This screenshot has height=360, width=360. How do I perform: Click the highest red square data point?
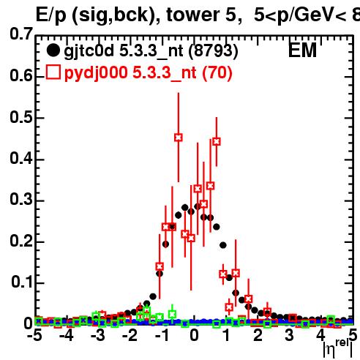(x=179, y=138)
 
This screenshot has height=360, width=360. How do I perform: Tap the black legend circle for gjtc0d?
(x=53, y=50)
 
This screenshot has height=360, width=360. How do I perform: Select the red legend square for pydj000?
(x=53, y=72)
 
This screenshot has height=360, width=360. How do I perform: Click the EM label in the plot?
(x=302, y=50)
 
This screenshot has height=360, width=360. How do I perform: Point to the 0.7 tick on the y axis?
(x=21, y=34)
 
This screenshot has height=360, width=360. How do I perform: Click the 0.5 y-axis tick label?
(x=21, y=117)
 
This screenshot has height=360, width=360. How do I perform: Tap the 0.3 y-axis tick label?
(x=21, y=199)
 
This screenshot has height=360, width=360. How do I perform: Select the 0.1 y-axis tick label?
(x=22, y=282)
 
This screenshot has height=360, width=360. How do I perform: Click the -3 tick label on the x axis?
(x=98, y=335)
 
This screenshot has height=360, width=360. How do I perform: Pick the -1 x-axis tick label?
(x=163, y=335)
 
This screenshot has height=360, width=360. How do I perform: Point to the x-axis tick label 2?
(x=258, y=335)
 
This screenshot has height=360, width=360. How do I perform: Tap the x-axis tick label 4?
(x=320, y=335)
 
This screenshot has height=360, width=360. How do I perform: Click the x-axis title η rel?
(x=338, y=348)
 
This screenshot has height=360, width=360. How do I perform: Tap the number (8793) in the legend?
(x=214, y=51)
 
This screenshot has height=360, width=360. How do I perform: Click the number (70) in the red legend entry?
(x=217, y=73)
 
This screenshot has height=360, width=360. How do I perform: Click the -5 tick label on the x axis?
(x=34, y=335)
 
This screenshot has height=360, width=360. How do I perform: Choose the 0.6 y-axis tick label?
(x=21, y=75)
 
